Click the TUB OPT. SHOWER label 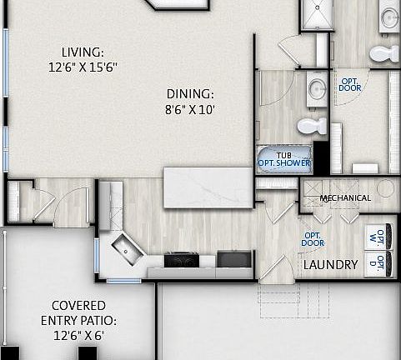click(x=283, y=159)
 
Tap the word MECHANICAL click(x=345, y=197)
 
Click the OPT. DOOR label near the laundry click(x=313, y=239)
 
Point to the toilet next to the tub click(x=312, y=127)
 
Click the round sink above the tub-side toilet click(x=317, y=87)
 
